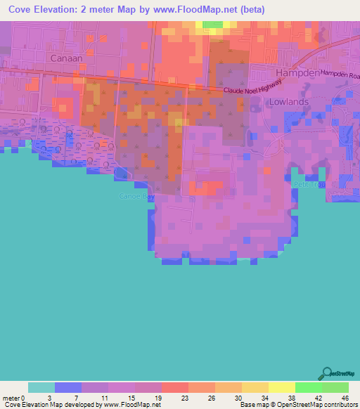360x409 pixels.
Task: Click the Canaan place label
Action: tap(67, 57)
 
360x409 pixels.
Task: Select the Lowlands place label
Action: tap(288, 101)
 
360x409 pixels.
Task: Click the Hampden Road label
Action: tap(340, 74)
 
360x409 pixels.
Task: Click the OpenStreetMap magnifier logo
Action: tap(326, 373)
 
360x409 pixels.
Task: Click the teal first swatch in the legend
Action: tap(41, 387)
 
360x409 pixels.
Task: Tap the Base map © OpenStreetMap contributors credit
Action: tap(298, 405)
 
